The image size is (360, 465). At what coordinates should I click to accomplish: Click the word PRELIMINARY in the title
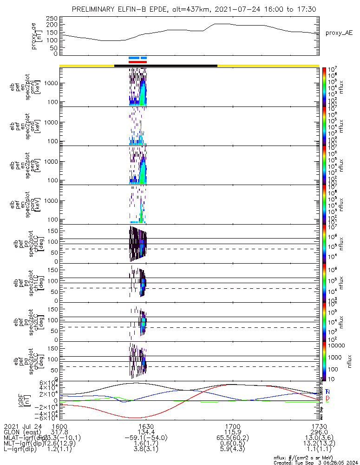[95, 9]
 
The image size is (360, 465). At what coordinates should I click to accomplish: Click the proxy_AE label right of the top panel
[339, 33]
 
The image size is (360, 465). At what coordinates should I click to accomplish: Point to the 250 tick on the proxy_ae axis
[51, 18]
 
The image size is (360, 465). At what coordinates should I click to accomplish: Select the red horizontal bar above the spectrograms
[137, 62]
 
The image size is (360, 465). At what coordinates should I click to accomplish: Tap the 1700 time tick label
[232, 425]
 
